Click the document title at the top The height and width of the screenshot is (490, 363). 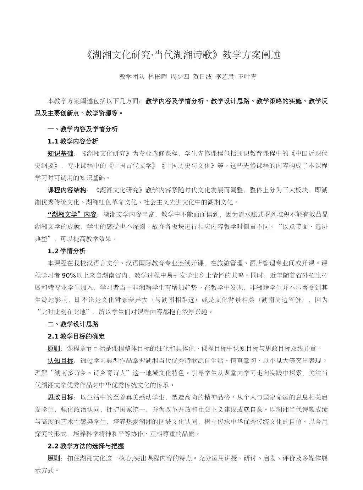click(183, 55)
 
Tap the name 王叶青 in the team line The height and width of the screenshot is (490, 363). click(247, 77)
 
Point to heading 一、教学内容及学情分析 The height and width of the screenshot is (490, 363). click(82, 129)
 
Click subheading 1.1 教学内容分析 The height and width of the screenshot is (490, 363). click(73, 141)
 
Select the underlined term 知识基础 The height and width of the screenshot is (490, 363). click(60, 153)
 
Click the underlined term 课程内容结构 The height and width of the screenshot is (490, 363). click(67, 190)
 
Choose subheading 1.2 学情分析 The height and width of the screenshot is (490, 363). click(66, 251)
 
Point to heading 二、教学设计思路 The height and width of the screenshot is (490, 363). click(73, 324)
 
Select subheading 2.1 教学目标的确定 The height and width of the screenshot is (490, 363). click(76, 336)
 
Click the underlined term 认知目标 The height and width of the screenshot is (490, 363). click(60, 360)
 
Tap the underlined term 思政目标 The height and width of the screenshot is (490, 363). click(60, 397)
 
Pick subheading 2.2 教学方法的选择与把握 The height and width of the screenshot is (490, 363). click(86, 446)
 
